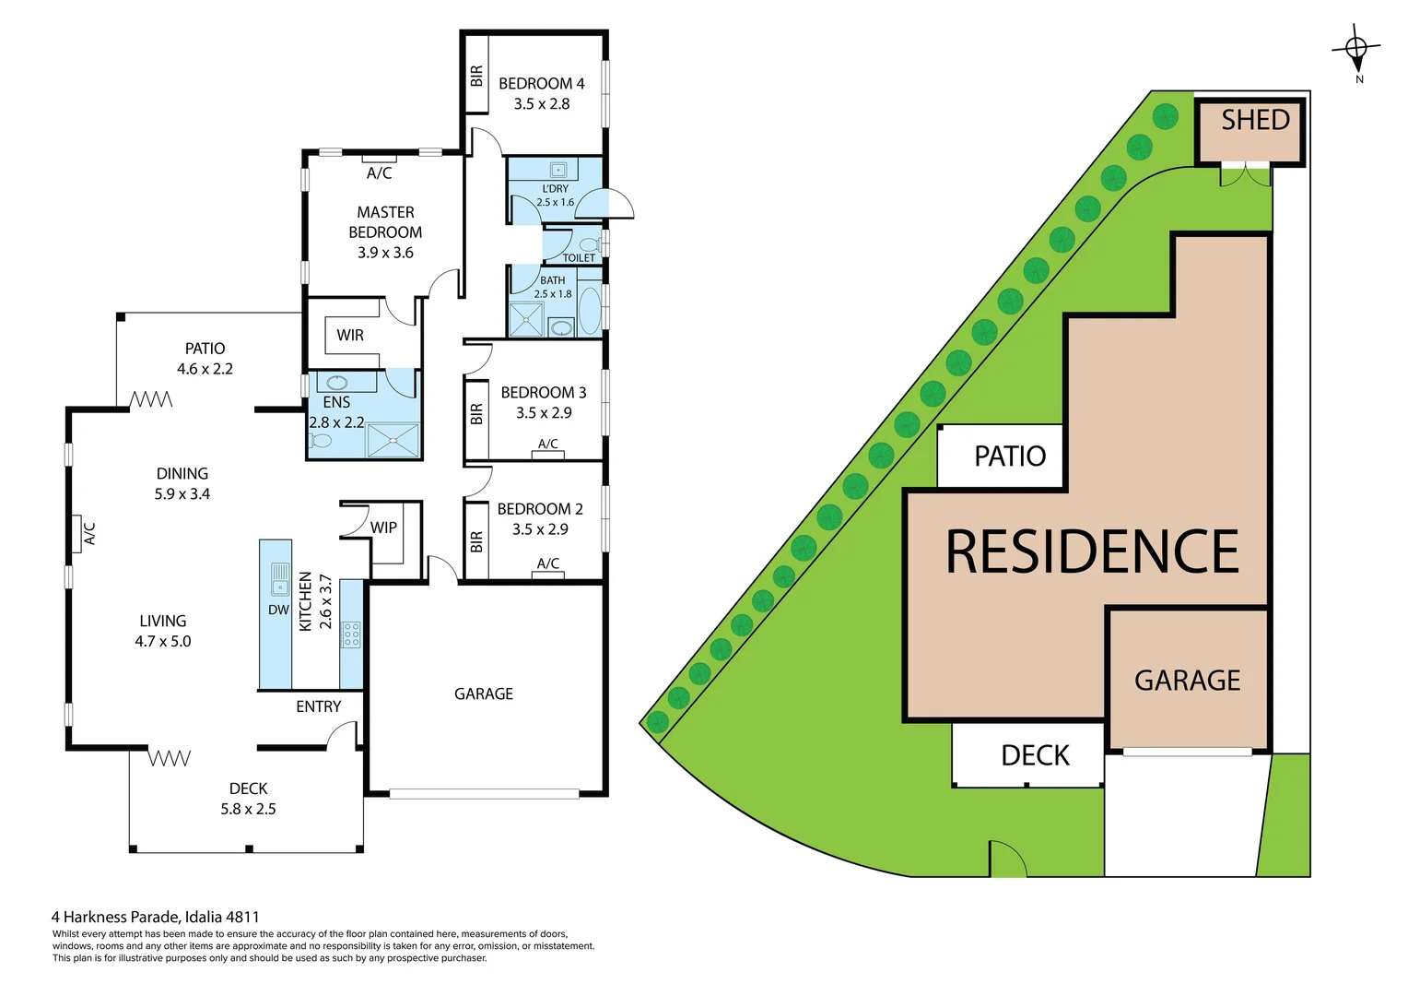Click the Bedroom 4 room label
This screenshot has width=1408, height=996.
[x=541, y=84]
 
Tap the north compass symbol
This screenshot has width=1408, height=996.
[x=1356, y=51]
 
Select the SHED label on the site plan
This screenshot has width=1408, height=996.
[x=1254, y=121]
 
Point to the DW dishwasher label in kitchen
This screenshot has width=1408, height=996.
[x=278, y=610]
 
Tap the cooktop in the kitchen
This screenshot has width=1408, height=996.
[x=351, y=634]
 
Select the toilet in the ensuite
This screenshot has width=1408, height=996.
[x=320, y=440]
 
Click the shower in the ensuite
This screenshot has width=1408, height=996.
[x=393, y=440]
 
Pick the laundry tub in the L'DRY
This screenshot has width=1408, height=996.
[x=557, y=170]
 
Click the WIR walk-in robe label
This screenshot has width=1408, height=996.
[x=350, y=336]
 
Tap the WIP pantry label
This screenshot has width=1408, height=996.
[x=383, y=528]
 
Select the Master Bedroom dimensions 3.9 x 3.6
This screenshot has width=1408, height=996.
[x=385, y=253]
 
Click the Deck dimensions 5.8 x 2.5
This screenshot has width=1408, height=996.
[x=248, y=809]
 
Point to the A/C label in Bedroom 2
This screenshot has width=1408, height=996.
[x=547, y=563]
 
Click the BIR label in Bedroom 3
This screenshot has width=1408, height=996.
[x=476, y=414]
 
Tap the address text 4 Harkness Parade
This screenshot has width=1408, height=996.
[x=155, y=917]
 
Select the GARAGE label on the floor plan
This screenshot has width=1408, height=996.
[x=483, y=694]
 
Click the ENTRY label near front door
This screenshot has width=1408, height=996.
[x=318, y=706]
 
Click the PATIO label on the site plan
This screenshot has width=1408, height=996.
[x=1010, y=456]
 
